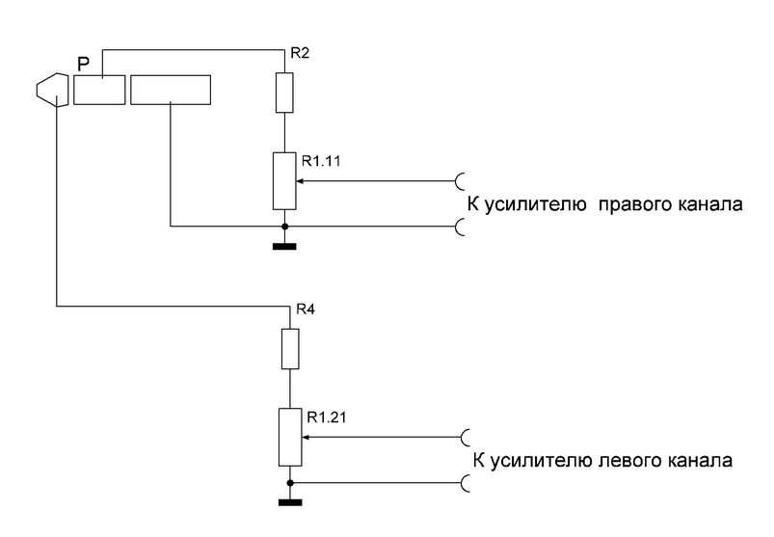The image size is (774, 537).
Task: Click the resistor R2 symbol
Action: (284, 93)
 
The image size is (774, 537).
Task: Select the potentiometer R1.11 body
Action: (284, 180)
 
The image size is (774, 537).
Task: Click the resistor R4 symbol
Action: (289, 349)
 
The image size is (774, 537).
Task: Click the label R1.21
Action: (326, 417)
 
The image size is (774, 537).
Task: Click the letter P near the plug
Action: (83, 64)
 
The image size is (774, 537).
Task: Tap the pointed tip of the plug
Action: (36, 90)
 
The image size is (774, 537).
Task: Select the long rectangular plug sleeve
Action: (170, 91)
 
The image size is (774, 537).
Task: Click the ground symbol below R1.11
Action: (284, 246)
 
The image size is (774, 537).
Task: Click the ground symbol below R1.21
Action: (289, 500)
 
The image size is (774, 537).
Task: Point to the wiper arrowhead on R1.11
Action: (300, 180)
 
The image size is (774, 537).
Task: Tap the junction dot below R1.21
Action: (289, 481)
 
